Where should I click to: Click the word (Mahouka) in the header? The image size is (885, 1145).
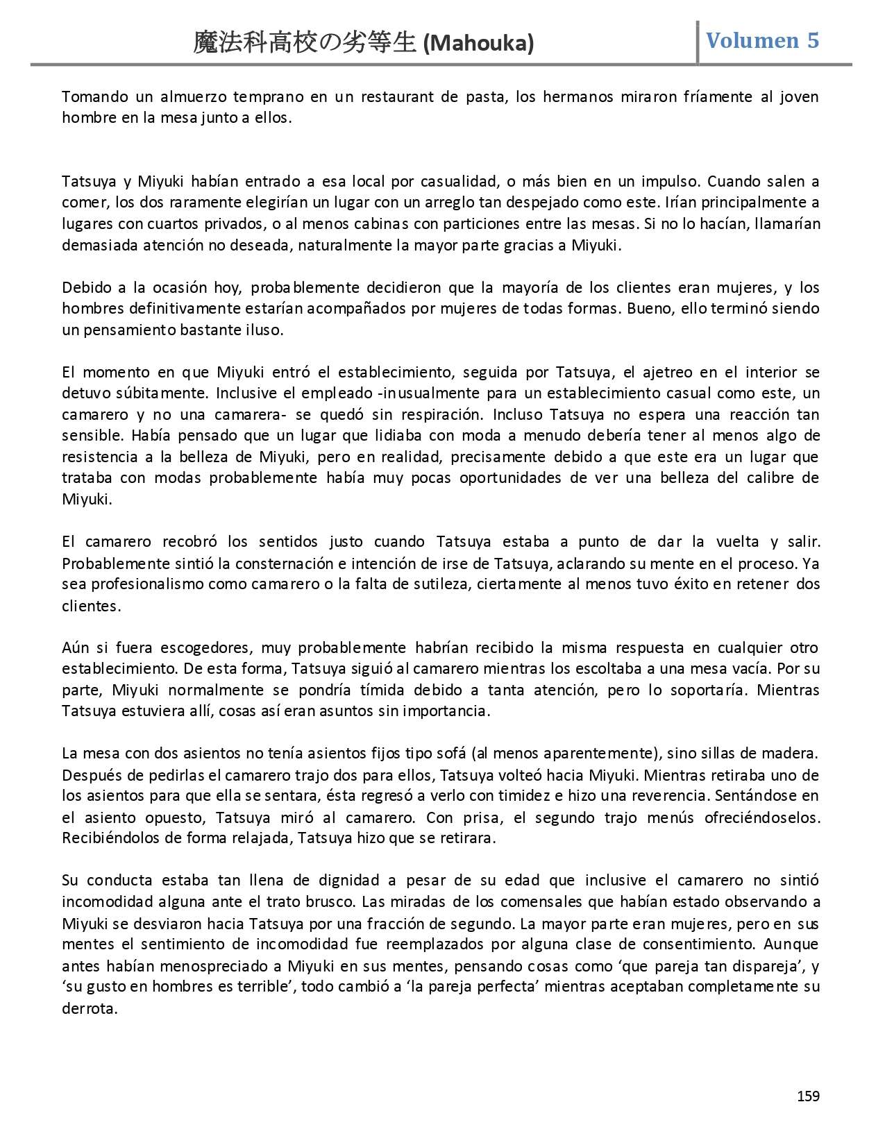pyautogui.click(x=478, y=44)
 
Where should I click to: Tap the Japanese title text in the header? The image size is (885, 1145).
pyautogui.click(x=306, y=43)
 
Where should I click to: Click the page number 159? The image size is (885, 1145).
pyautogui.click(x=808, y=1096)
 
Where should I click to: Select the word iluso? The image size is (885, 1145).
pyautogui.click(x=262, y=330)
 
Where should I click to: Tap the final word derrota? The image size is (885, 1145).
pyautogui.click(x=89, y=1008)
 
